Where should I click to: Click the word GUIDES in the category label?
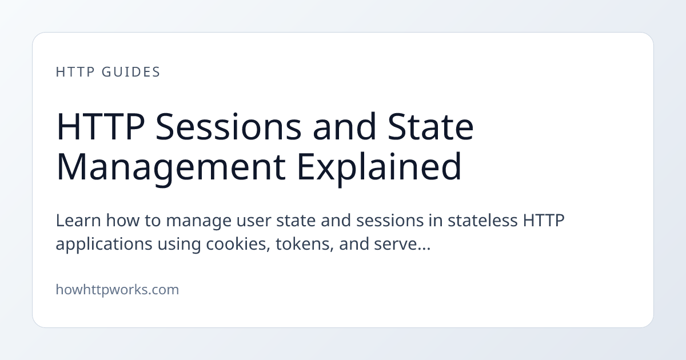[131, 72]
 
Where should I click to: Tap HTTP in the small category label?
[75, 72]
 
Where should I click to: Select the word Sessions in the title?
[229, 126]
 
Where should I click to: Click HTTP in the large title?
[101, 126]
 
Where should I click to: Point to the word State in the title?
[430, 126]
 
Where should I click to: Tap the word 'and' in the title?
[344, 126]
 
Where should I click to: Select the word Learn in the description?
[78, 220]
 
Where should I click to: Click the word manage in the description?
[198, 221]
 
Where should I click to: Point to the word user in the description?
[254, 221]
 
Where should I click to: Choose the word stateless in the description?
[482, 220]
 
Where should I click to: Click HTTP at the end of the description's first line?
[544, 220]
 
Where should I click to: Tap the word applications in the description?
[104, 245]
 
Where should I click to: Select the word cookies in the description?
[238, 245]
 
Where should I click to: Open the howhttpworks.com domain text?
[117, 290]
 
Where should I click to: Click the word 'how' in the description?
[122, 220]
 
